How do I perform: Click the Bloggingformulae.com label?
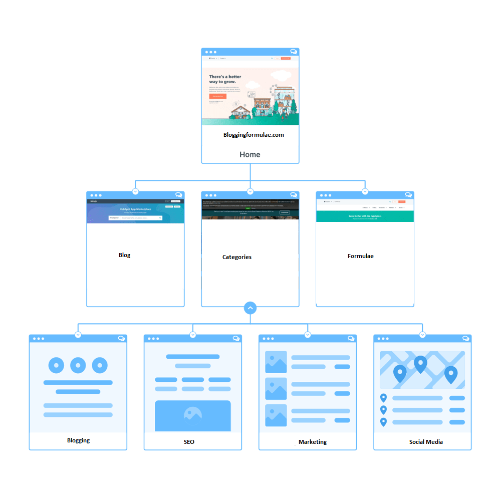pyautogui.click(x=254, y=135)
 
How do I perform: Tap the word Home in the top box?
pyautogui.click(x=249, y=154)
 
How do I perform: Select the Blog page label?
pyautogui.click(x=124, y=255)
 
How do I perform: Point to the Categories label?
pyautogui.click(x=237, y=257)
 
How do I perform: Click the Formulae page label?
pyautogui.click(x=360, y=256)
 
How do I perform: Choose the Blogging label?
pyautogui.click(x=79, y=440)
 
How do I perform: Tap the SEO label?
pyautogui.click(x=189, y=442)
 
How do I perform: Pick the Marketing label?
pyautogui.click(x=313, y=442)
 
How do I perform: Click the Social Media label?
pyautogui.click(x=426, y=442)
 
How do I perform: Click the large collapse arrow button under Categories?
pyautogui.click(x=250, y=308)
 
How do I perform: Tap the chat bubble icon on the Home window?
pyautogui.click(x=294, y=52)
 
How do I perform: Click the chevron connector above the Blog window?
pyautogui.click(x=135, y=191)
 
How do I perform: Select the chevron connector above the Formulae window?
pyautogui.click(x=365, y=191)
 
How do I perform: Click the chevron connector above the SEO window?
pyautogui.click(x=193, y=335)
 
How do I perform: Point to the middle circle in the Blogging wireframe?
pyautogui.click(x=78, y=365)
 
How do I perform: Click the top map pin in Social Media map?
pyautogui.click(x=420, y=363)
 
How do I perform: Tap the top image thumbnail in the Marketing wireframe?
pyautogui.click(x=276, y=362)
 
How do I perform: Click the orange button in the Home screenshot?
pyautogui.click(x=218, y=96)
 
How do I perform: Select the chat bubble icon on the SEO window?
pyautogui.click(x=236, y=339)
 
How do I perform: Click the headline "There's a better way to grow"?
pyautogui.click(x=225, y=79)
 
